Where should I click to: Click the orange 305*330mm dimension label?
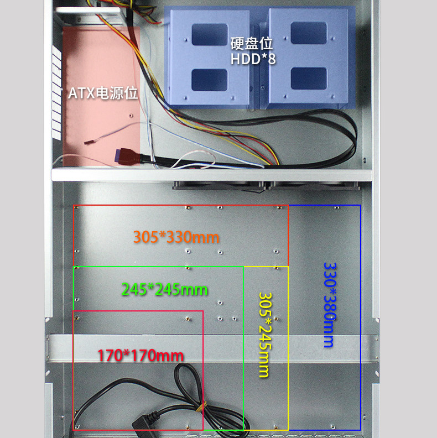176,237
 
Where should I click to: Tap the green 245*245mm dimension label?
164,289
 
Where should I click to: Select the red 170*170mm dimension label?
141,355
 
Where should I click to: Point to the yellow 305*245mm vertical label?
266,335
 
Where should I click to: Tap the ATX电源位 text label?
102,92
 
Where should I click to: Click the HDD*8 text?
253,59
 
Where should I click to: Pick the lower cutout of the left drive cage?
209,80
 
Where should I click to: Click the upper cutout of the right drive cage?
309,33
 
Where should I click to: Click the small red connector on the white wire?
87,143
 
